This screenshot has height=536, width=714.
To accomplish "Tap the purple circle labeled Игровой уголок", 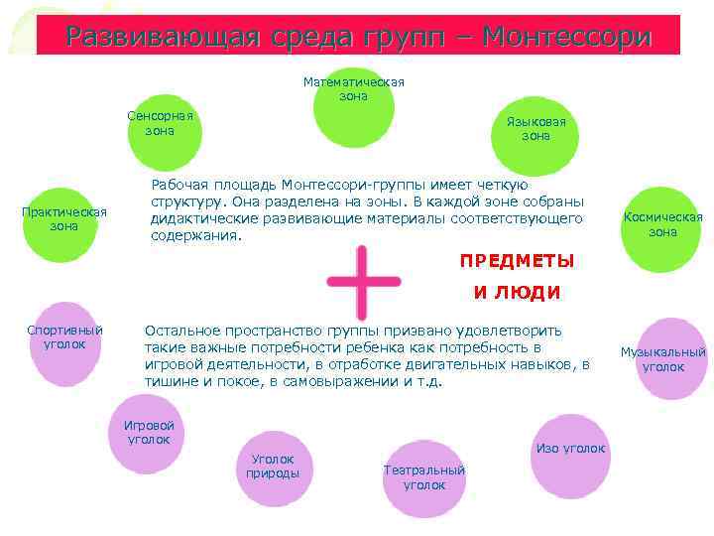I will [148, 433].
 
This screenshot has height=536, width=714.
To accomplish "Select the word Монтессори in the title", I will [568, 38].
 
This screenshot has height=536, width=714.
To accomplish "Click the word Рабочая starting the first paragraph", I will [178, 186].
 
